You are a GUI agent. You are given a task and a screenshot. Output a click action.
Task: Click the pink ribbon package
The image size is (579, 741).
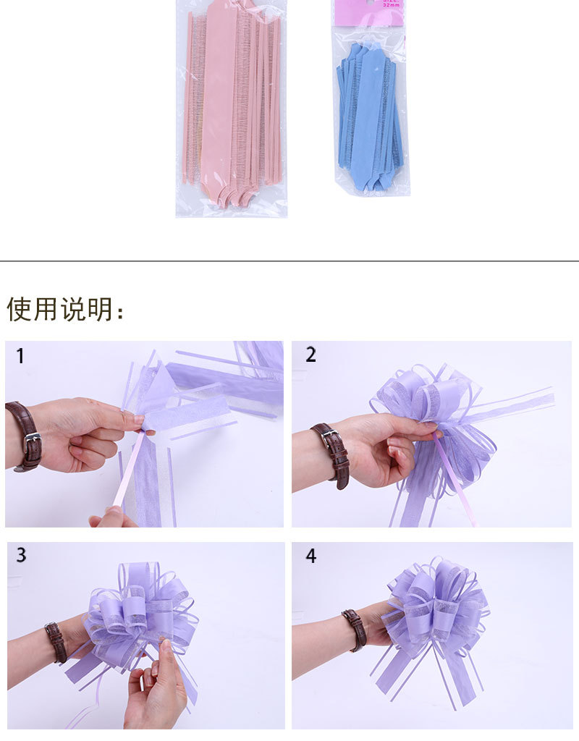(x=232, y=109)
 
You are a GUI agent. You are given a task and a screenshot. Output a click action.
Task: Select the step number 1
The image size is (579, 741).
(x=20, y=356)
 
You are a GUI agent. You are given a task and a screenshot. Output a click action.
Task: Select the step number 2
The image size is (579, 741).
(x=311, y=355)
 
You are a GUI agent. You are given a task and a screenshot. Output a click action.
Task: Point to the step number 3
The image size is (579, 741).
(x=21, y=555)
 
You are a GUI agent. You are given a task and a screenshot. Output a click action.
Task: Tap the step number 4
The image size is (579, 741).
(x=311, y=556)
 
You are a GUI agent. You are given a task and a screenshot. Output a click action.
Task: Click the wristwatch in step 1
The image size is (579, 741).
(x=25, y=436)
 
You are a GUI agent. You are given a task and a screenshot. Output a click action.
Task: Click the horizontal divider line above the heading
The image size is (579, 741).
(x=289, y=261)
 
